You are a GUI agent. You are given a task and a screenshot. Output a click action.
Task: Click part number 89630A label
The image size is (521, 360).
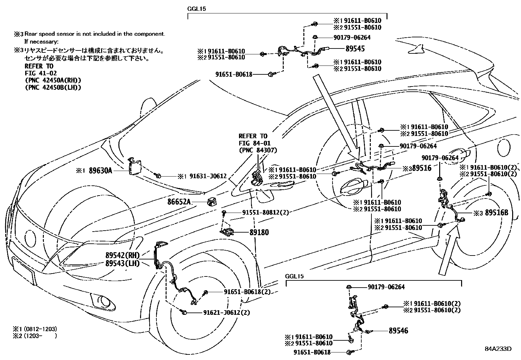101,171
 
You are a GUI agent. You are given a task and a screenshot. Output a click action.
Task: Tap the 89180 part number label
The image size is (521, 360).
259,233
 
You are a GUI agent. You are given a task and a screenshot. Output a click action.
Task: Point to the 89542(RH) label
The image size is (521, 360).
122,256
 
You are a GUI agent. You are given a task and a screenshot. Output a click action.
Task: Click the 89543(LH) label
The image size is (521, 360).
122,263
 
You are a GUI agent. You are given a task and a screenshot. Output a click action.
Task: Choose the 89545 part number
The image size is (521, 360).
355,49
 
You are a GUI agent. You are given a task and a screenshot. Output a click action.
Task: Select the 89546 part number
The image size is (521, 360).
398,331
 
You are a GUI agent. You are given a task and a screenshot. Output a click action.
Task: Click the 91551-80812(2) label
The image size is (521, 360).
265,213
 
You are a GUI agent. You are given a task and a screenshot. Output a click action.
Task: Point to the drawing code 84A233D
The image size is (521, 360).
498,349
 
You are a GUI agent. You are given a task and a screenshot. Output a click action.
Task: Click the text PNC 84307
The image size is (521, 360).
258,150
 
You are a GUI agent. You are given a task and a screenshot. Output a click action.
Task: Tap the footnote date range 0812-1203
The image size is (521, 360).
40,329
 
